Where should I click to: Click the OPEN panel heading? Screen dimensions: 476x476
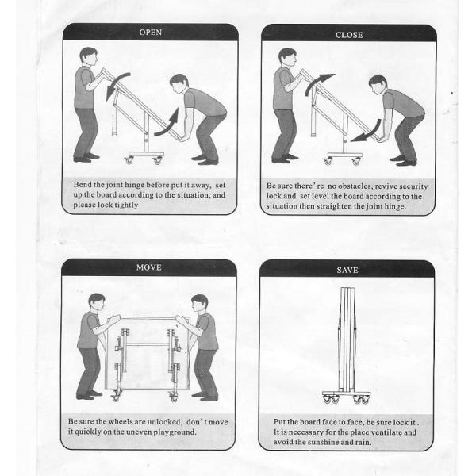(150, 33)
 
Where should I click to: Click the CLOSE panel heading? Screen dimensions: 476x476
(349, 35)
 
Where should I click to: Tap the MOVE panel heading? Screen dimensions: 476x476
(149, 267)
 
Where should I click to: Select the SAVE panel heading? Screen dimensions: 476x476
(347, 270)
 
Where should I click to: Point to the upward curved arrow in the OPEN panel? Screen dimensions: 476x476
(169, 125)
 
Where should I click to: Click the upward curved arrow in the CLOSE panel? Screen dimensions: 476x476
(317, 82)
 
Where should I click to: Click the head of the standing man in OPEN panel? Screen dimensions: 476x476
(89, 56)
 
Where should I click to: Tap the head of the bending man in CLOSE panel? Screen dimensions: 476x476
(377, 84)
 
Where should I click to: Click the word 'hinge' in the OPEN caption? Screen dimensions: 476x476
(135, 185)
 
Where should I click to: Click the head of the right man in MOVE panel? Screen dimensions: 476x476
(199, 303)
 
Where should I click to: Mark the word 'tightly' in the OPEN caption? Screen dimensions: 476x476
(126, 205)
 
